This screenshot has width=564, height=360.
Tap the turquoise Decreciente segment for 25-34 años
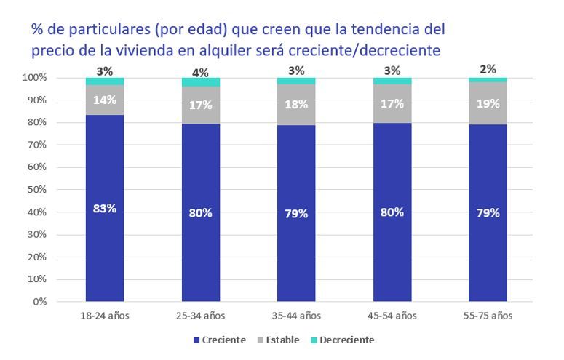pyautogui.click(x=200, y=82)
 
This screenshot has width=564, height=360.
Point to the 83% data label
pyautogui.click(x=104, y=209)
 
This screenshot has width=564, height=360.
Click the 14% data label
pyautogui.click(x=104, y=101)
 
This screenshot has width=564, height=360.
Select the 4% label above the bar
pyautogui.click(x=200, y=72)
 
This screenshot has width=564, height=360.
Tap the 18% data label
pyautogui.click(x=296, y=105)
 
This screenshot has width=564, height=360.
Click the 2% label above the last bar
pyautogui.click(x=488, y=69)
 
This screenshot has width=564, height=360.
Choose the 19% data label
pyautogui.click(x=488, y=103)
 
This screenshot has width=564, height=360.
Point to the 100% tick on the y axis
pyautogui.click(x=34, y=77)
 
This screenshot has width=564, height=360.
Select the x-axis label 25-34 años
pyautogui.click(x=200, y=316)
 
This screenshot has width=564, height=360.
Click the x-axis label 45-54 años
pyautogui.click(x=392, y=316)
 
